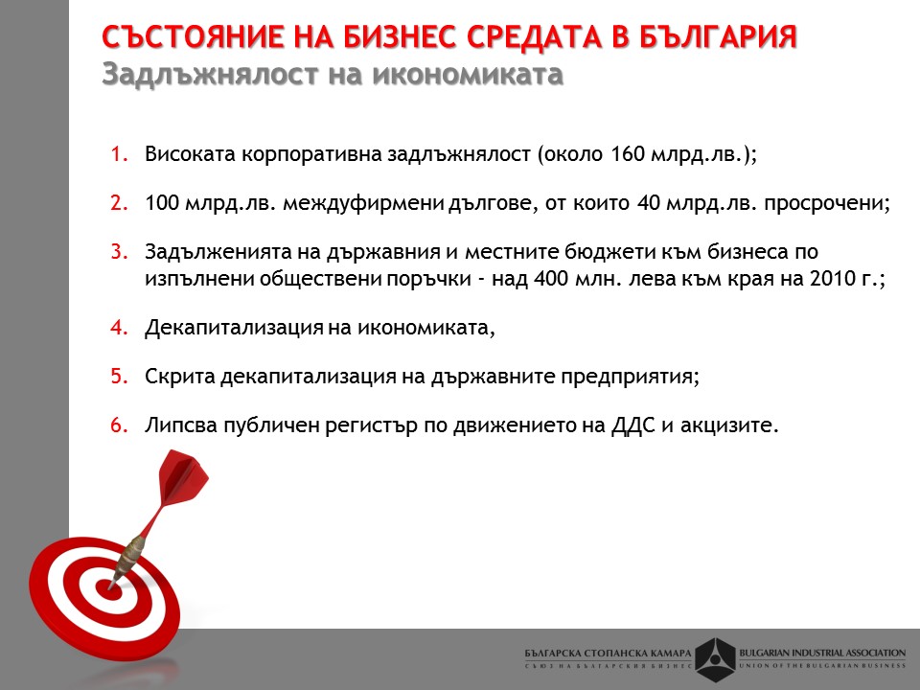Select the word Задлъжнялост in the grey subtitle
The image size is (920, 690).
(x=210, y=74)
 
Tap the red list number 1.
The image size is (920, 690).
(x=119, y=154)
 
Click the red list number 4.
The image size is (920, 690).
(x=119, y=327)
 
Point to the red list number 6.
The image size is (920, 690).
(x=119, y=425)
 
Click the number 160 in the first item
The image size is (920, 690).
(x=628, y=154)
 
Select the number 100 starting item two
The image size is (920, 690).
(x=162, y=203)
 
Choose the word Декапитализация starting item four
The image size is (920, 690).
(x=233, y=328)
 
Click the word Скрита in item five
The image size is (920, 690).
(x=180, y=376)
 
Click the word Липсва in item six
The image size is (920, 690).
(x=181, y=425)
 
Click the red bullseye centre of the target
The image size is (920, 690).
(x=109, y=587)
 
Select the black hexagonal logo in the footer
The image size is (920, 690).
(x=715, y=659)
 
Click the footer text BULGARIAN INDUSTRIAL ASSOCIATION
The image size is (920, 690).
(x=822, y=653)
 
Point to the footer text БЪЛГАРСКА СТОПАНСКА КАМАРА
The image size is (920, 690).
(x=609, y=653)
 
